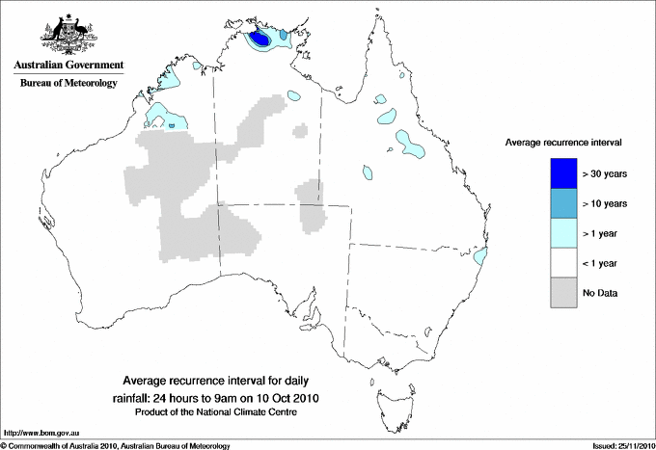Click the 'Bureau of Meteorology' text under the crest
68,84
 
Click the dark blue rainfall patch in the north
260,40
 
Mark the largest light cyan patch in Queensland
413,146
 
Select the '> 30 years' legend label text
605,173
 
